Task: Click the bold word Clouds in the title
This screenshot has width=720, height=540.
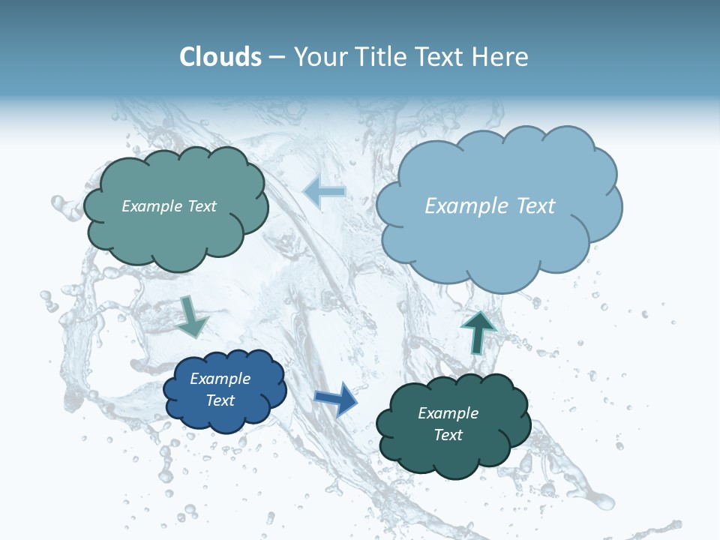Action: (x=220, y=57)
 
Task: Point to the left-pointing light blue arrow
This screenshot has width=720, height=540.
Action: (x=325, y=192)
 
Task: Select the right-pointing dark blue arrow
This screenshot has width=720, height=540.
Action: (x=335, y=400)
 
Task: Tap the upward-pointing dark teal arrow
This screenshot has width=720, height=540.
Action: (x=478, y=331)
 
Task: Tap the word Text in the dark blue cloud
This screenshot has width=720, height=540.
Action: (x=220, y=400)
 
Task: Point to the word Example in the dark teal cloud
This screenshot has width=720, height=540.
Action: (x=448, y=413)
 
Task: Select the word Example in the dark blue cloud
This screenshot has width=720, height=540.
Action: (x=220, y=379)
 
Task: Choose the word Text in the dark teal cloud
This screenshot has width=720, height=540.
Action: (x=448, y=435)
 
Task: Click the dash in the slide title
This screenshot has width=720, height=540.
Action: (x=277, y=58)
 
